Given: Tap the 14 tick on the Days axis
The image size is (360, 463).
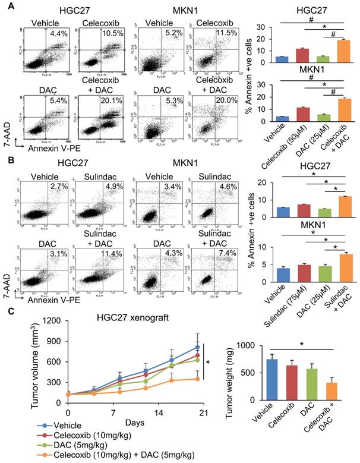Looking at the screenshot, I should (x=159, y=412).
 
